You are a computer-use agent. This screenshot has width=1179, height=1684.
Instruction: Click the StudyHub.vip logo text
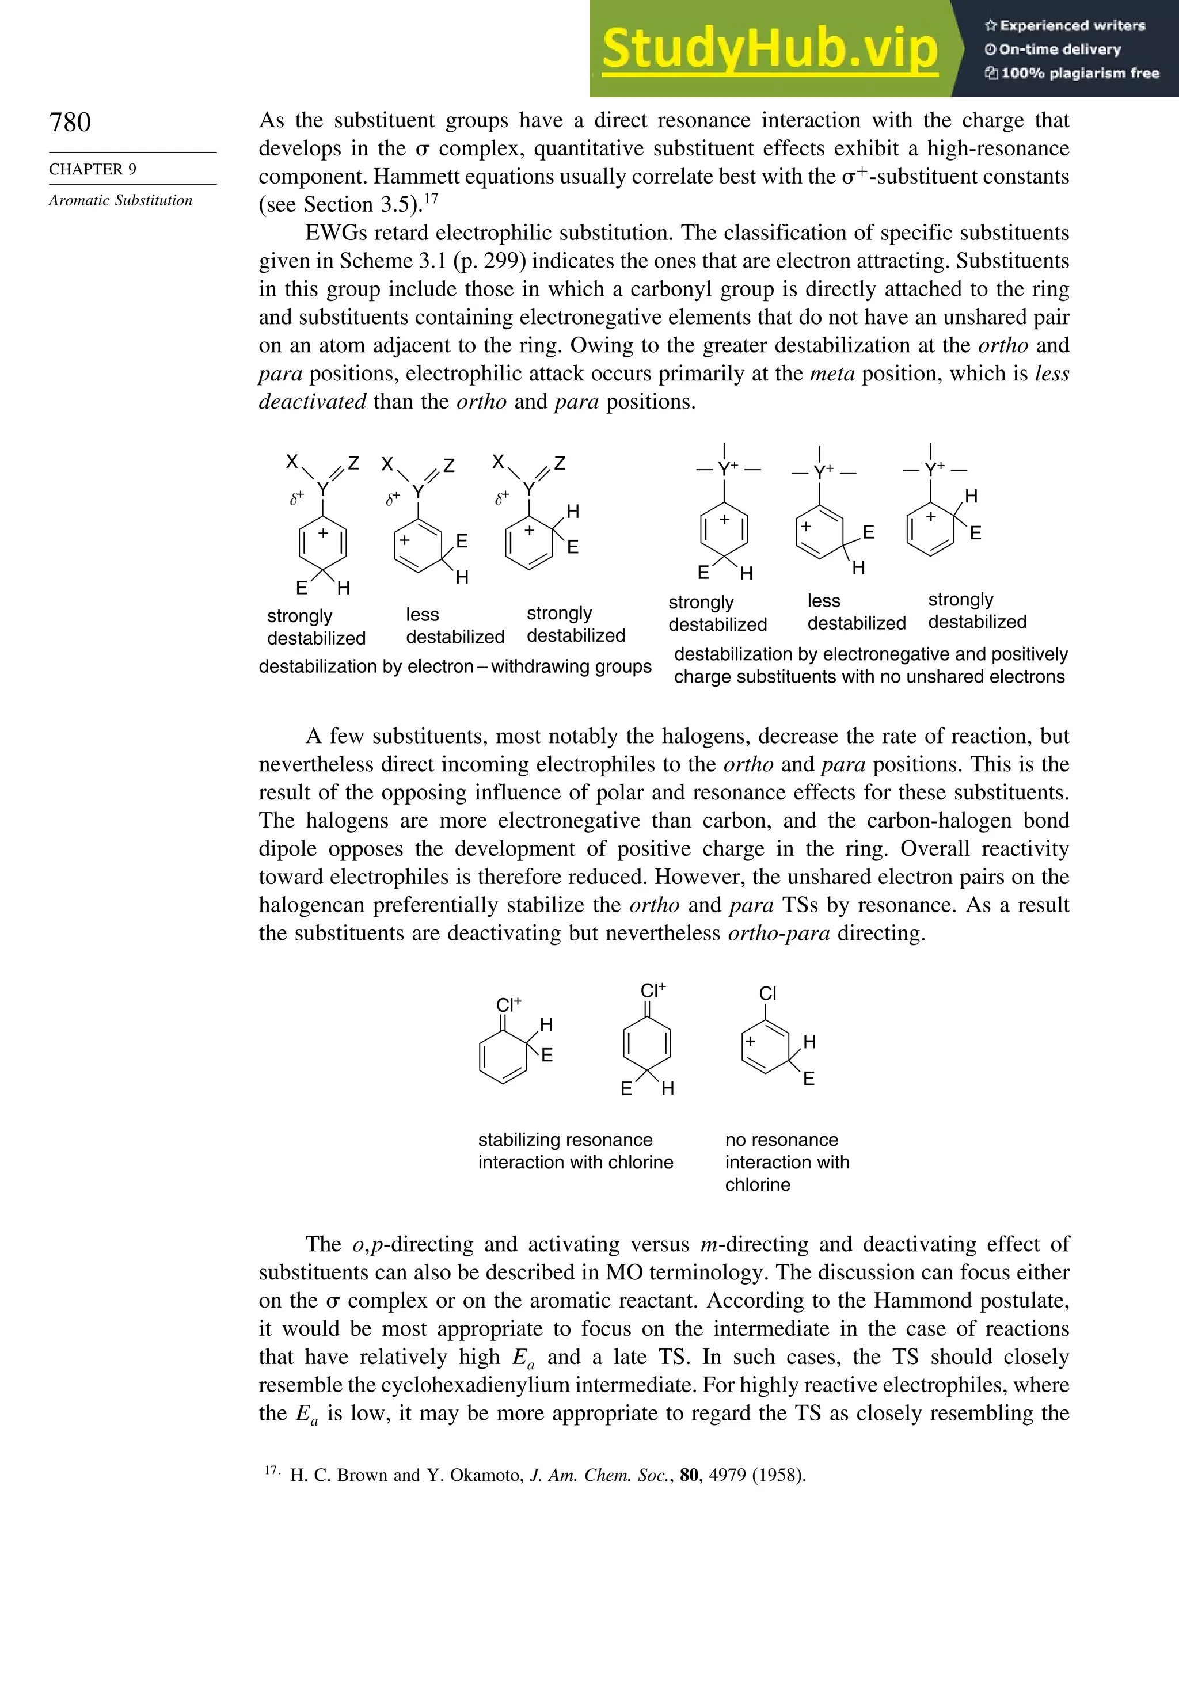point(770,50)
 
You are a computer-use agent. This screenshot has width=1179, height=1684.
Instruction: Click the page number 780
point(70,122)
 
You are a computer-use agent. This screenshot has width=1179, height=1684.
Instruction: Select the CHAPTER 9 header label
point(93,169)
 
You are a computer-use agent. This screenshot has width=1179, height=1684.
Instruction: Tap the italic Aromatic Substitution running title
point(120,200)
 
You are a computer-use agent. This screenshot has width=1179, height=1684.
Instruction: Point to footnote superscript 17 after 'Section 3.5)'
point(431,197)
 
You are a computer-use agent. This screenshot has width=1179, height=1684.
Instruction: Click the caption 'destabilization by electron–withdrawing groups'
point(455,666)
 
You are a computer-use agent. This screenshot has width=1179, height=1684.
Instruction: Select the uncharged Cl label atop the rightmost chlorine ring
point(767,993)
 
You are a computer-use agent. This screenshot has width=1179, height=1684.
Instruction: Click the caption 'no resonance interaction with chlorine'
point(786,1162)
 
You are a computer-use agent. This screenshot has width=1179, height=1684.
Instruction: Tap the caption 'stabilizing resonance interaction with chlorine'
point(575,1151)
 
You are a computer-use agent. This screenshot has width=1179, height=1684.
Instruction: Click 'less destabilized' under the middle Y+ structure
point(856,612)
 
